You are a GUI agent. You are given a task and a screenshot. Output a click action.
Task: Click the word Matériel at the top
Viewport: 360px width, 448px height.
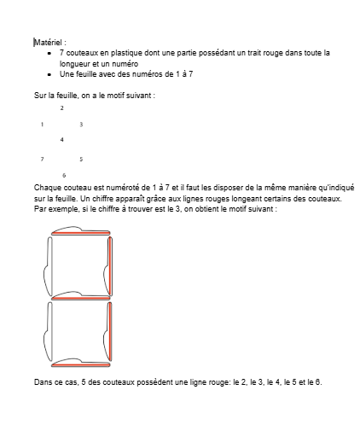point(48,40)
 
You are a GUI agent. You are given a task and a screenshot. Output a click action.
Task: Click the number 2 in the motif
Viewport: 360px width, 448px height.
point(61,108)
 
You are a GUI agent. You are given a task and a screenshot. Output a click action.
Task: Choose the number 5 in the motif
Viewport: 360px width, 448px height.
point(81,159)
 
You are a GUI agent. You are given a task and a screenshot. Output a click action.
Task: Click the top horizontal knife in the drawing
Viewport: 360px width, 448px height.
point(81,230)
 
